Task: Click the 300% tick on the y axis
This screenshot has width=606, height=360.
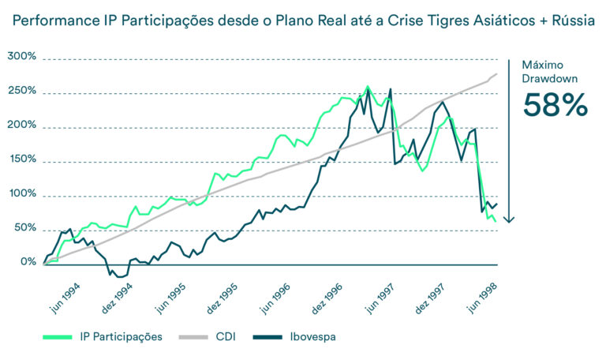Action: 21,57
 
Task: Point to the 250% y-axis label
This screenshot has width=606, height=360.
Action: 21,91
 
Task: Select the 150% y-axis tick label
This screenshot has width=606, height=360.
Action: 21,159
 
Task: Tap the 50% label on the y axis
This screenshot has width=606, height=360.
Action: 24,228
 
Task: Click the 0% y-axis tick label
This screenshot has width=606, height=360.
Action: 27,262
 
